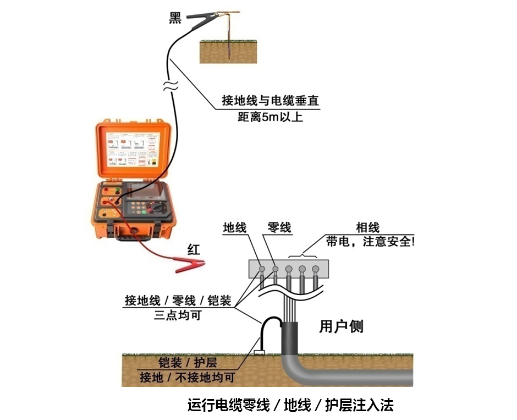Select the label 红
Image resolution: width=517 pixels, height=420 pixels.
(194, 249)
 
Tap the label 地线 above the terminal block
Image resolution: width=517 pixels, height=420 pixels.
(235, 228)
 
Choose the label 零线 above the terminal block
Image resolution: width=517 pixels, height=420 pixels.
(279, 228)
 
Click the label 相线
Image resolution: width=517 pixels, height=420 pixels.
(368, 228)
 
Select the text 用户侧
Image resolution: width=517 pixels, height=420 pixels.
(341, 326)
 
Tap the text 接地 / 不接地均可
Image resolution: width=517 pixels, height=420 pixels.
(187, 378)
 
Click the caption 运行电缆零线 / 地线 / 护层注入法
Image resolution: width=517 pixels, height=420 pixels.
(290, 406)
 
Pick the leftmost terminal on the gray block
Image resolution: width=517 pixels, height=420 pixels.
(262, 270)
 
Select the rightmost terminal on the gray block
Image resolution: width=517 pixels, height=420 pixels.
(315, 270)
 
